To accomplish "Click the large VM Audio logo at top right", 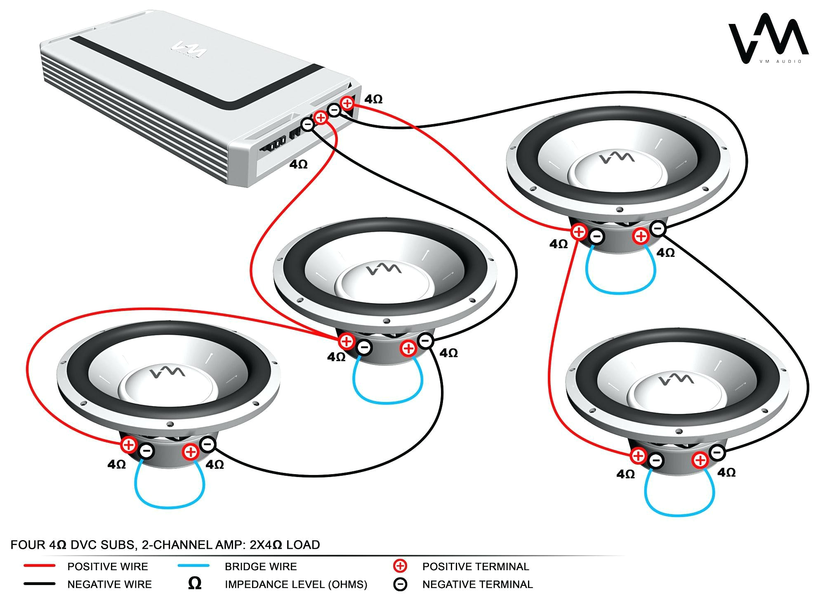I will tap(768, 39).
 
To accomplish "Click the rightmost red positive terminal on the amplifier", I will tap(347, 103).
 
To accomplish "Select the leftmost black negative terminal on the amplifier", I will tap(307, 124).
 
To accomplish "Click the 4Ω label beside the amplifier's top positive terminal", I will tap(373, 99).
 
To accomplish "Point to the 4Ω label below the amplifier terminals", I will tap(298, 165).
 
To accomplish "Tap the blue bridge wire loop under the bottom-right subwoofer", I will tap(679, 505).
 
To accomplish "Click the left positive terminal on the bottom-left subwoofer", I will tap(129, 445).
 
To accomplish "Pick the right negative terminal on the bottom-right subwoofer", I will tap(717, 453).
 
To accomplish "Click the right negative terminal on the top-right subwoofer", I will tap(658, 228).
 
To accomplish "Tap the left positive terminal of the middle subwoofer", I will tap(346, 341).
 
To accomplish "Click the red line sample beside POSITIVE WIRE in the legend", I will tap(39, 566).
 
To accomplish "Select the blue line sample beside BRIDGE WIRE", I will tap(193, 566).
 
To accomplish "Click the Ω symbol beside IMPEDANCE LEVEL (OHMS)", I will tap(194, 583).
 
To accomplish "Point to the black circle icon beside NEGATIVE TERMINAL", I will tap(400, 584).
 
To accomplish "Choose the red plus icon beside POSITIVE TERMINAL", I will tap(400, 566).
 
